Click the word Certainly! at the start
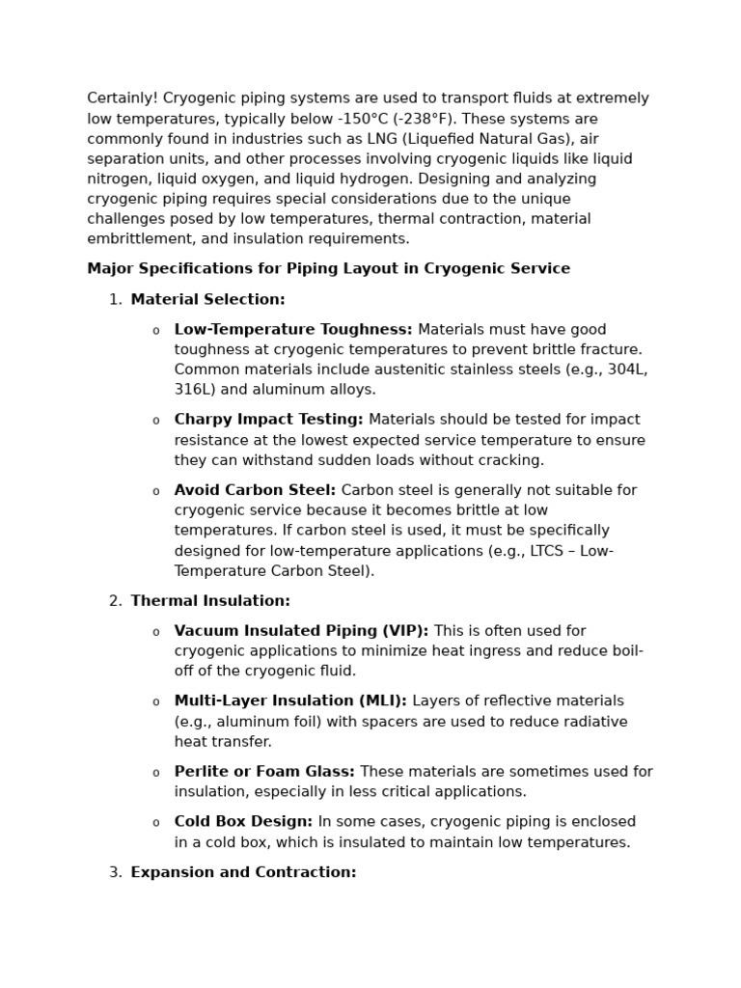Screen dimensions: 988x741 coord(123,98)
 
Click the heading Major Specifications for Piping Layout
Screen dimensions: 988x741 coord(328,269)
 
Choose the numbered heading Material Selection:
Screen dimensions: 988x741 coord(207,300)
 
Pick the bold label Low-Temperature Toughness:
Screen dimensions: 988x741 coord(292,330)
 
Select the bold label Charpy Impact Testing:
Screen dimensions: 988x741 coord(268,420)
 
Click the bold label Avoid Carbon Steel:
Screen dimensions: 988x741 coord(255,490)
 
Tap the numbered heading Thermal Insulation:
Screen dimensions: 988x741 coord(210,601)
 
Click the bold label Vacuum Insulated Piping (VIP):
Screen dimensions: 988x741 coord(301,631)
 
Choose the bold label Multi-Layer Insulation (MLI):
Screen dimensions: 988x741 coord(290,701)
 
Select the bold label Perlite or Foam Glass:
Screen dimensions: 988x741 coord(264,772)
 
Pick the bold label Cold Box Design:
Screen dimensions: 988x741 coord(243,822)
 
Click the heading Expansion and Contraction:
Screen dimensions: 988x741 coord(243,872)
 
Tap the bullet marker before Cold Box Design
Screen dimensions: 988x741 coord(155,823)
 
